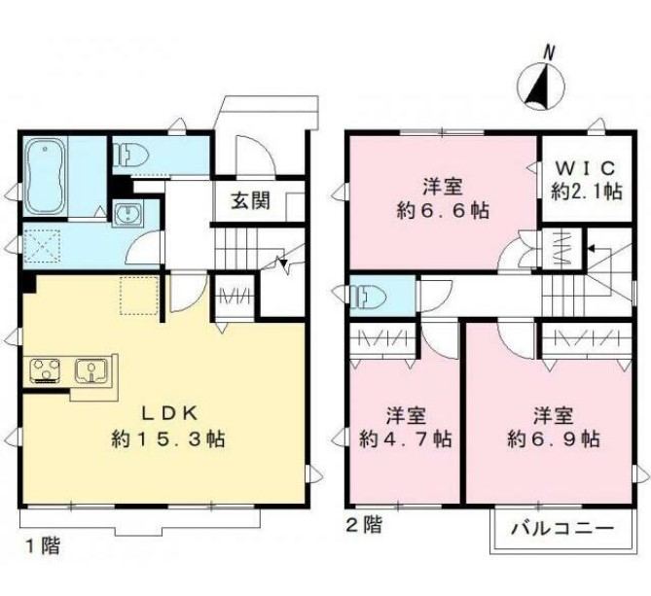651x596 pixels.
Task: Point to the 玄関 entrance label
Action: tap(249, 202)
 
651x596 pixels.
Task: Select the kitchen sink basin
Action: tap(94, 369)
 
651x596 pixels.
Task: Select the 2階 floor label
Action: tap(363, 526)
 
